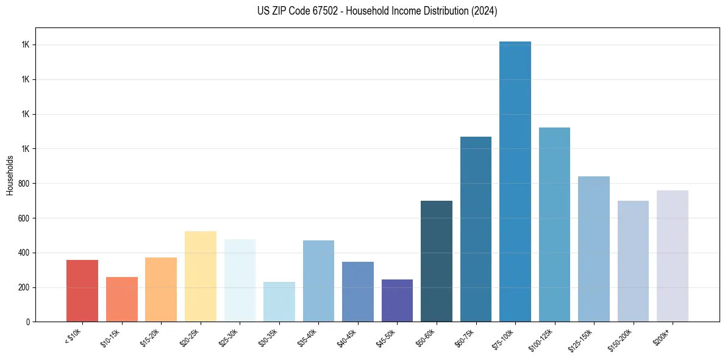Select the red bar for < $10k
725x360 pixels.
82,291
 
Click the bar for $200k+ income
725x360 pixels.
673,256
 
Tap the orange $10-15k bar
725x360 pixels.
122,300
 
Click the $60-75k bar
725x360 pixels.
476,229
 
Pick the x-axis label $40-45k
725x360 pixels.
348,337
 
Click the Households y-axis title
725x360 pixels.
10,175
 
